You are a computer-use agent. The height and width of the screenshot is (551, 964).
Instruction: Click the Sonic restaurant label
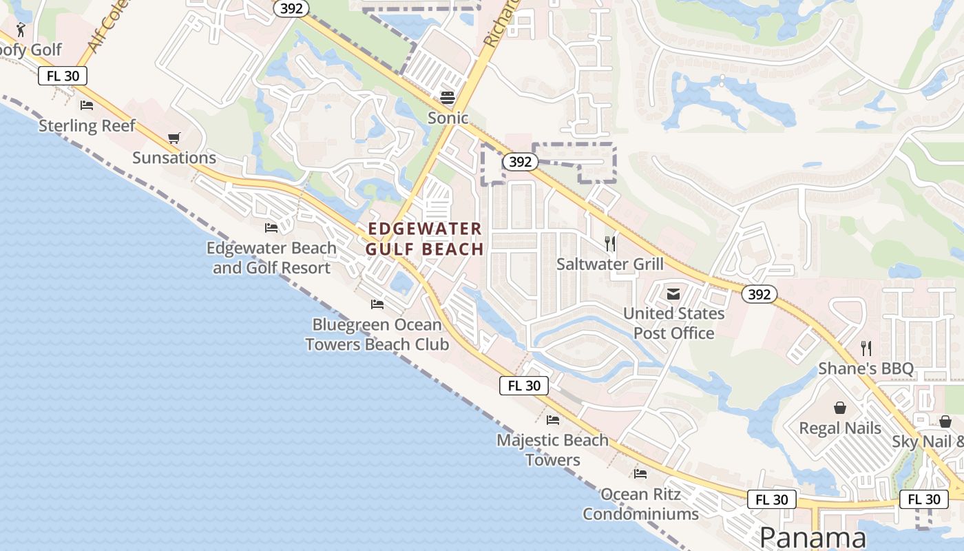click(448, 118)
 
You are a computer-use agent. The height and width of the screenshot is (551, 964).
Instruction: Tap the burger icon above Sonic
click(448, 98)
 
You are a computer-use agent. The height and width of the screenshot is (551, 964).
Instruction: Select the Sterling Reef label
click(87, 125)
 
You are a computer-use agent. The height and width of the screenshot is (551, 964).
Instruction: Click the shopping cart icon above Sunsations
click(174, 138)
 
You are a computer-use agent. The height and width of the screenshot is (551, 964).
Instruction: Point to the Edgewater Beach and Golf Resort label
click(272, 258)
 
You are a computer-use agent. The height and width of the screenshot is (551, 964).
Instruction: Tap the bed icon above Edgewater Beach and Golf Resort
click(271, 227)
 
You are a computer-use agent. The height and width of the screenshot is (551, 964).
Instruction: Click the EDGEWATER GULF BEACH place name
click(425, 239)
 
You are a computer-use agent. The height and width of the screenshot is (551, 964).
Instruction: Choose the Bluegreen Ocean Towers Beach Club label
click(377, 334)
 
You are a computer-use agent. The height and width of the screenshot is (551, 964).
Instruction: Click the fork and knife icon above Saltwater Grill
click(610, 243)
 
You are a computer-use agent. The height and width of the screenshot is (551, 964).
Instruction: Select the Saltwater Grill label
click(610, 264)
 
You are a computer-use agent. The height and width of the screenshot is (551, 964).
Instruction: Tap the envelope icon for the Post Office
click(673, 294)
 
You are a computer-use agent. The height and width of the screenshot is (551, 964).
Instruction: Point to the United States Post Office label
click(673, 323)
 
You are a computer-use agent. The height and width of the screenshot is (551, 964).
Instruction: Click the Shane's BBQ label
click(866, 368)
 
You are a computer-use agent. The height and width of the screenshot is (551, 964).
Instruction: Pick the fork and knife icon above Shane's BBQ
click(866, 349)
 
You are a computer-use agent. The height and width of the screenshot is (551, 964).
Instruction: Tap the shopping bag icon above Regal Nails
click(840, 408)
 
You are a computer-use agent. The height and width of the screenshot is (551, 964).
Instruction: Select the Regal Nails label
click(840, 428)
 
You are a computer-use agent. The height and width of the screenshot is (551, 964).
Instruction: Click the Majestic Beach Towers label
click(553, 450)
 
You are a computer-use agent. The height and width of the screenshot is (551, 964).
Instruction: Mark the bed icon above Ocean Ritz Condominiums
click(640, 474)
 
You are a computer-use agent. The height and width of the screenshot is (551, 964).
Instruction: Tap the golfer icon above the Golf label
click(20, 30)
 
